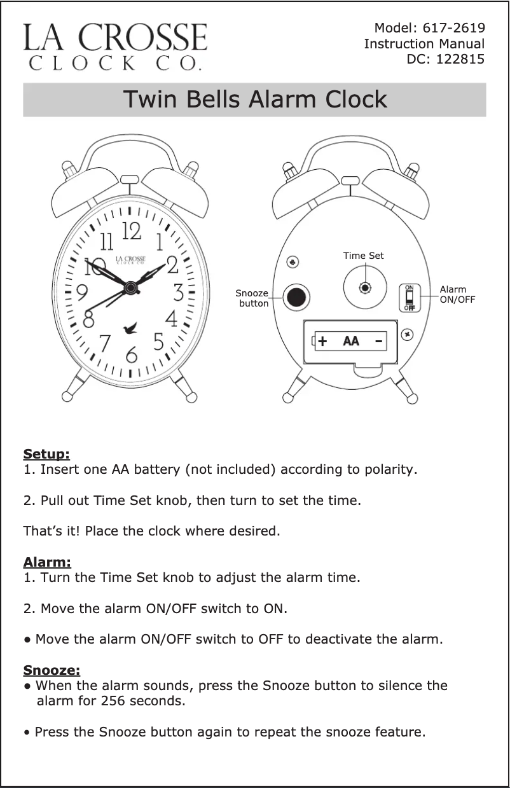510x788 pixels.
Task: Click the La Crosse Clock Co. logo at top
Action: pyautogui.click(x=115, y=46)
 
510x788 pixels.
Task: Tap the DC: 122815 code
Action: pyautogui.click(x=445, y=59)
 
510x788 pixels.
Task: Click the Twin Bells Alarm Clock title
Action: pyautogui.click(x=254, y=100)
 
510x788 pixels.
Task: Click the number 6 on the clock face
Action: pyautogui.click(x=131, y=354)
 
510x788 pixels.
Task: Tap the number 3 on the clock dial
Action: pyautogui.click(x=179, y=293)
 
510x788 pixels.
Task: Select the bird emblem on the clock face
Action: pyautogui.click(x=132, y=328)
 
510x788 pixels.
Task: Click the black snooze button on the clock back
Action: pyautogui.click(x=296, y=297)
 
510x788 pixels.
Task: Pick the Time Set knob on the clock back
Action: pyautogui.click(x=365, y=287)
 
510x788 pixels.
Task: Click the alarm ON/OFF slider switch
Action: pyautogui.click(x=410, y=297)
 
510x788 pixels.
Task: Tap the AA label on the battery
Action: pyautogui.click(x=350, y=342)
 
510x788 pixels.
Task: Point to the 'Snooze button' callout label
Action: pyautogui.click(x=252, y=298)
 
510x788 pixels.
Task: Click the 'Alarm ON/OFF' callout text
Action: pyautogui.click(x=457, y=294)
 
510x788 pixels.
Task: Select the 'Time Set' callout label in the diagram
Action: pyautogui.click(x=363, y=256)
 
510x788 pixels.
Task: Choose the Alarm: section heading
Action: pyautogui.click(x=47, y=562)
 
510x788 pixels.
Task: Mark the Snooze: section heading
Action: pyautogui.click(x=52, y=670)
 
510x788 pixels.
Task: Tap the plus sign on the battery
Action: pyautogui.click(x=323, y=342)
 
